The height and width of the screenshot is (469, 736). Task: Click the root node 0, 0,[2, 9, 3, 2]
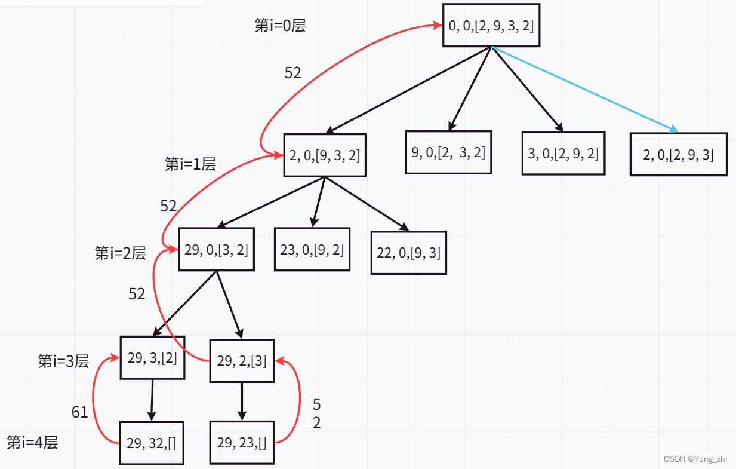[x=491, y=25]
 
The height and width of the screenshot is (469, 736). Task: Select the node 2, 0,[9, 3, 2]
[x=324, y=155]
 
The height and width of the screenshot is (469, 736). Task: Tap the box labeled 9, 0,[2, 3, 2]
[x=448, y=152]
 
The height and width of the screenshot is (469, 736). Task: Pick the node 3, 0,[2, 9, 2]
[x=563, y=153]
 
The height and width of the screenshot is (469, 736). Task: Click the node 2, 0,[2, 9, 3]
[x=678, y=154]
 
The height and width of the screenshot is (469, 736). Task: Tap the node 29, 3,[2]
[x=152, y=358]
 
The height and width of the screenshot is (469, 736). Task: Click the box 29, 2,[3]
[x=242, y=360]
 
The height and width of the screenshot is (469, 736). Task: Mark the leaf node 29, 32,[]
[x=151, y=443]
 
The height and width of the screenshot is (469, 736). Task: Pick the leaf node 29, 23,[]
[x=242, y=443]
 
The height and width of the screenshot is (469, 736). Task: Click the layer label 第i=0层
[x=280, y=26]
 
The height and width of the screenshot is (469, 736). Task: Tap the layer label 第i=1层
[x=190, y=164]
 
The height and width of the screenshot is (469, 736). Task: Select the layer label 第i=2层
[x=120, y=253]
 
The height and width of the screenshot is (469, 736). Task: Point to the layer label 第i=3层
[x=63, y=361]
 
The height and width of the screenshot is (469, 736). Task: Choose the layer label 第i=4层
[x=32, y=443]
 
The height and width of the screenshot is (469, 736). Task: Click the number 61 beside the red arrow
[x=79, y=412]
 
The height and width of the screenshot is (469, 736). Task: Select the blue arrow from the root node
[x=585, y=90]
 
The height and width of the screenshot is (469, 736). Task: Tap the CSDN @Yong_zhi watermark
[x=695, y=459]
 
